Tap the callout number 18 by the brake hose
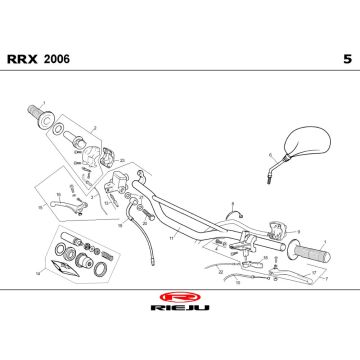coord(119,226)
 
